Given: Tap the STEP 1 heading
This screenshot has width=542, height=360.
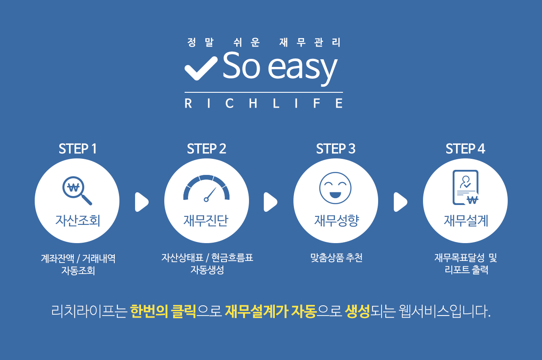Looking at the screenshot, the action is pyautogui.click(x=77, y=149).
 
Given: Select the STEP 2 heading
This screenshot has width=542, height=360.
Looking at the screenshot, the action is pyautogui.click(x=206, y=149).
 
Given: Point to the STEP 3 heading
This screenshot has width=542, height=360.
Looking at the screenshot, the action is pyautogui.click(x=336, y=149).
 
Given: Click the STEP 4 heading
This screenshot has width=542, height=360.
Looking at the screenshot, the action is pyautogui.click(x=465, y=149).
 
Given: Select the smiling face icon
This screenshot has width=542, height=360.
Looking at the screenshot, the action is pyautogui.click(x=335, y=188).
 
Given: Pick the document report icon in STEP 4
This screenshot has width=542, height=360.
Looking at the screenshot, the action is pyautogui.click(x=466, y=188).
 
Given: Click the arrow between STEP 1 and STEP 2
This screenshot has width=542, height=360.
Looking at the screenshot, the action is pyautogui.click(x=141, y=202).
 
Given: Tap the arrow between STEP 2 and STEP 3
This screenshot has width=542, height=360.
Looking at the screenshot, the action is pyautogui.click(x=270, y=202).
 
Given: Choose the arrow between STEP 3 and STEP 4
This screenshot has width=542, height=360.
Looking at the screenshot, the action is pyautogui.click(x=401, y=202).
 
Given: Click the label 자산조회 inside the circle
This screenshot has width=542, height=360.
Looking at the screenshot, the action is pyautogui.click(x=77, y=220).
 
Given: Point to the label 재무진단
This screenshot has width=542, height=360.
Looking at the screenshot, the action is pyautogui.click(x=206, y=220).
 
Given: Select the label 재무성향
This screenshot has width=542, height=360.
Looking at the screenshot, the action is pyautogui.click(x=336, y=220).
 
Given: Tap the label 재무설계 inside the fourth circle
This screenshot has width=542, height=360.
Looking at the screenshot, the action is pyautogui.click(x=466, y=220).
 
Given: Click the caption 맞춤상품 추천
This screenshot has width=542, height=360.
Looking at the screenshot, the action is pyautogui.click(x=336, y=258).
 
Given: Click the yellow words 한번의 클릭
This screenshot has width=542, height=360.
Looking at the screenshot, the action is pyautogui.click(x=163, y=311).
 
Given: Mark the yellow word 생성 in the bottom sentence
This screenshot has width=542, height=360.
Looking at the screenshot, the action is pyautogui.click(x=357, y=311).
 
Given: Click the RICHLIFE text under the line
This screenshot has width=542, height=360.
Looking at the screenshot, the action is pyautogui.click(x=264, y=103).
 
